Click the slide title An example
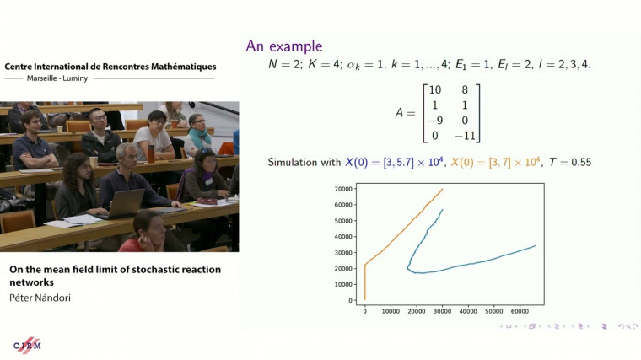click(283, 46)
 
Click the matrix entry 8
click(462, 89)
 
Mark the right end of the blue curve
click(536, 246)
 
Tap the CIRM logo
click(28, 345)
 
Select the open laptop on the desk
click(125, 202)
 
